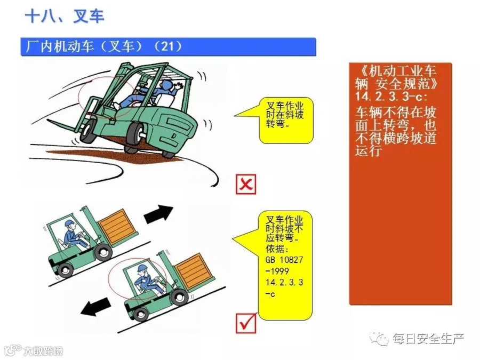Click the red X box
click(246, 185)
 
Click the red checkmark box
click(246, 323)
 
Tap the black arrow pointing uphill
click(158, 214)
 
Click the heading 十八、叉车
click(65, 16)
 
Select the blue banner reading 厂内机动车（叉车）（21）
click(168, 47)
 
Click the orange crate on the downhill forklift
click(194, 271)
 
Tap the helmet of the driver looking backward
click(142, 268)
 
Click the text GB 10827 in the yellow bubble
click(284, 260)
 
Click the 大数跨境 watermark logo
click(34, 350)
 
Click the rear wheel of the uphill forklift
click(65, 270)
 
